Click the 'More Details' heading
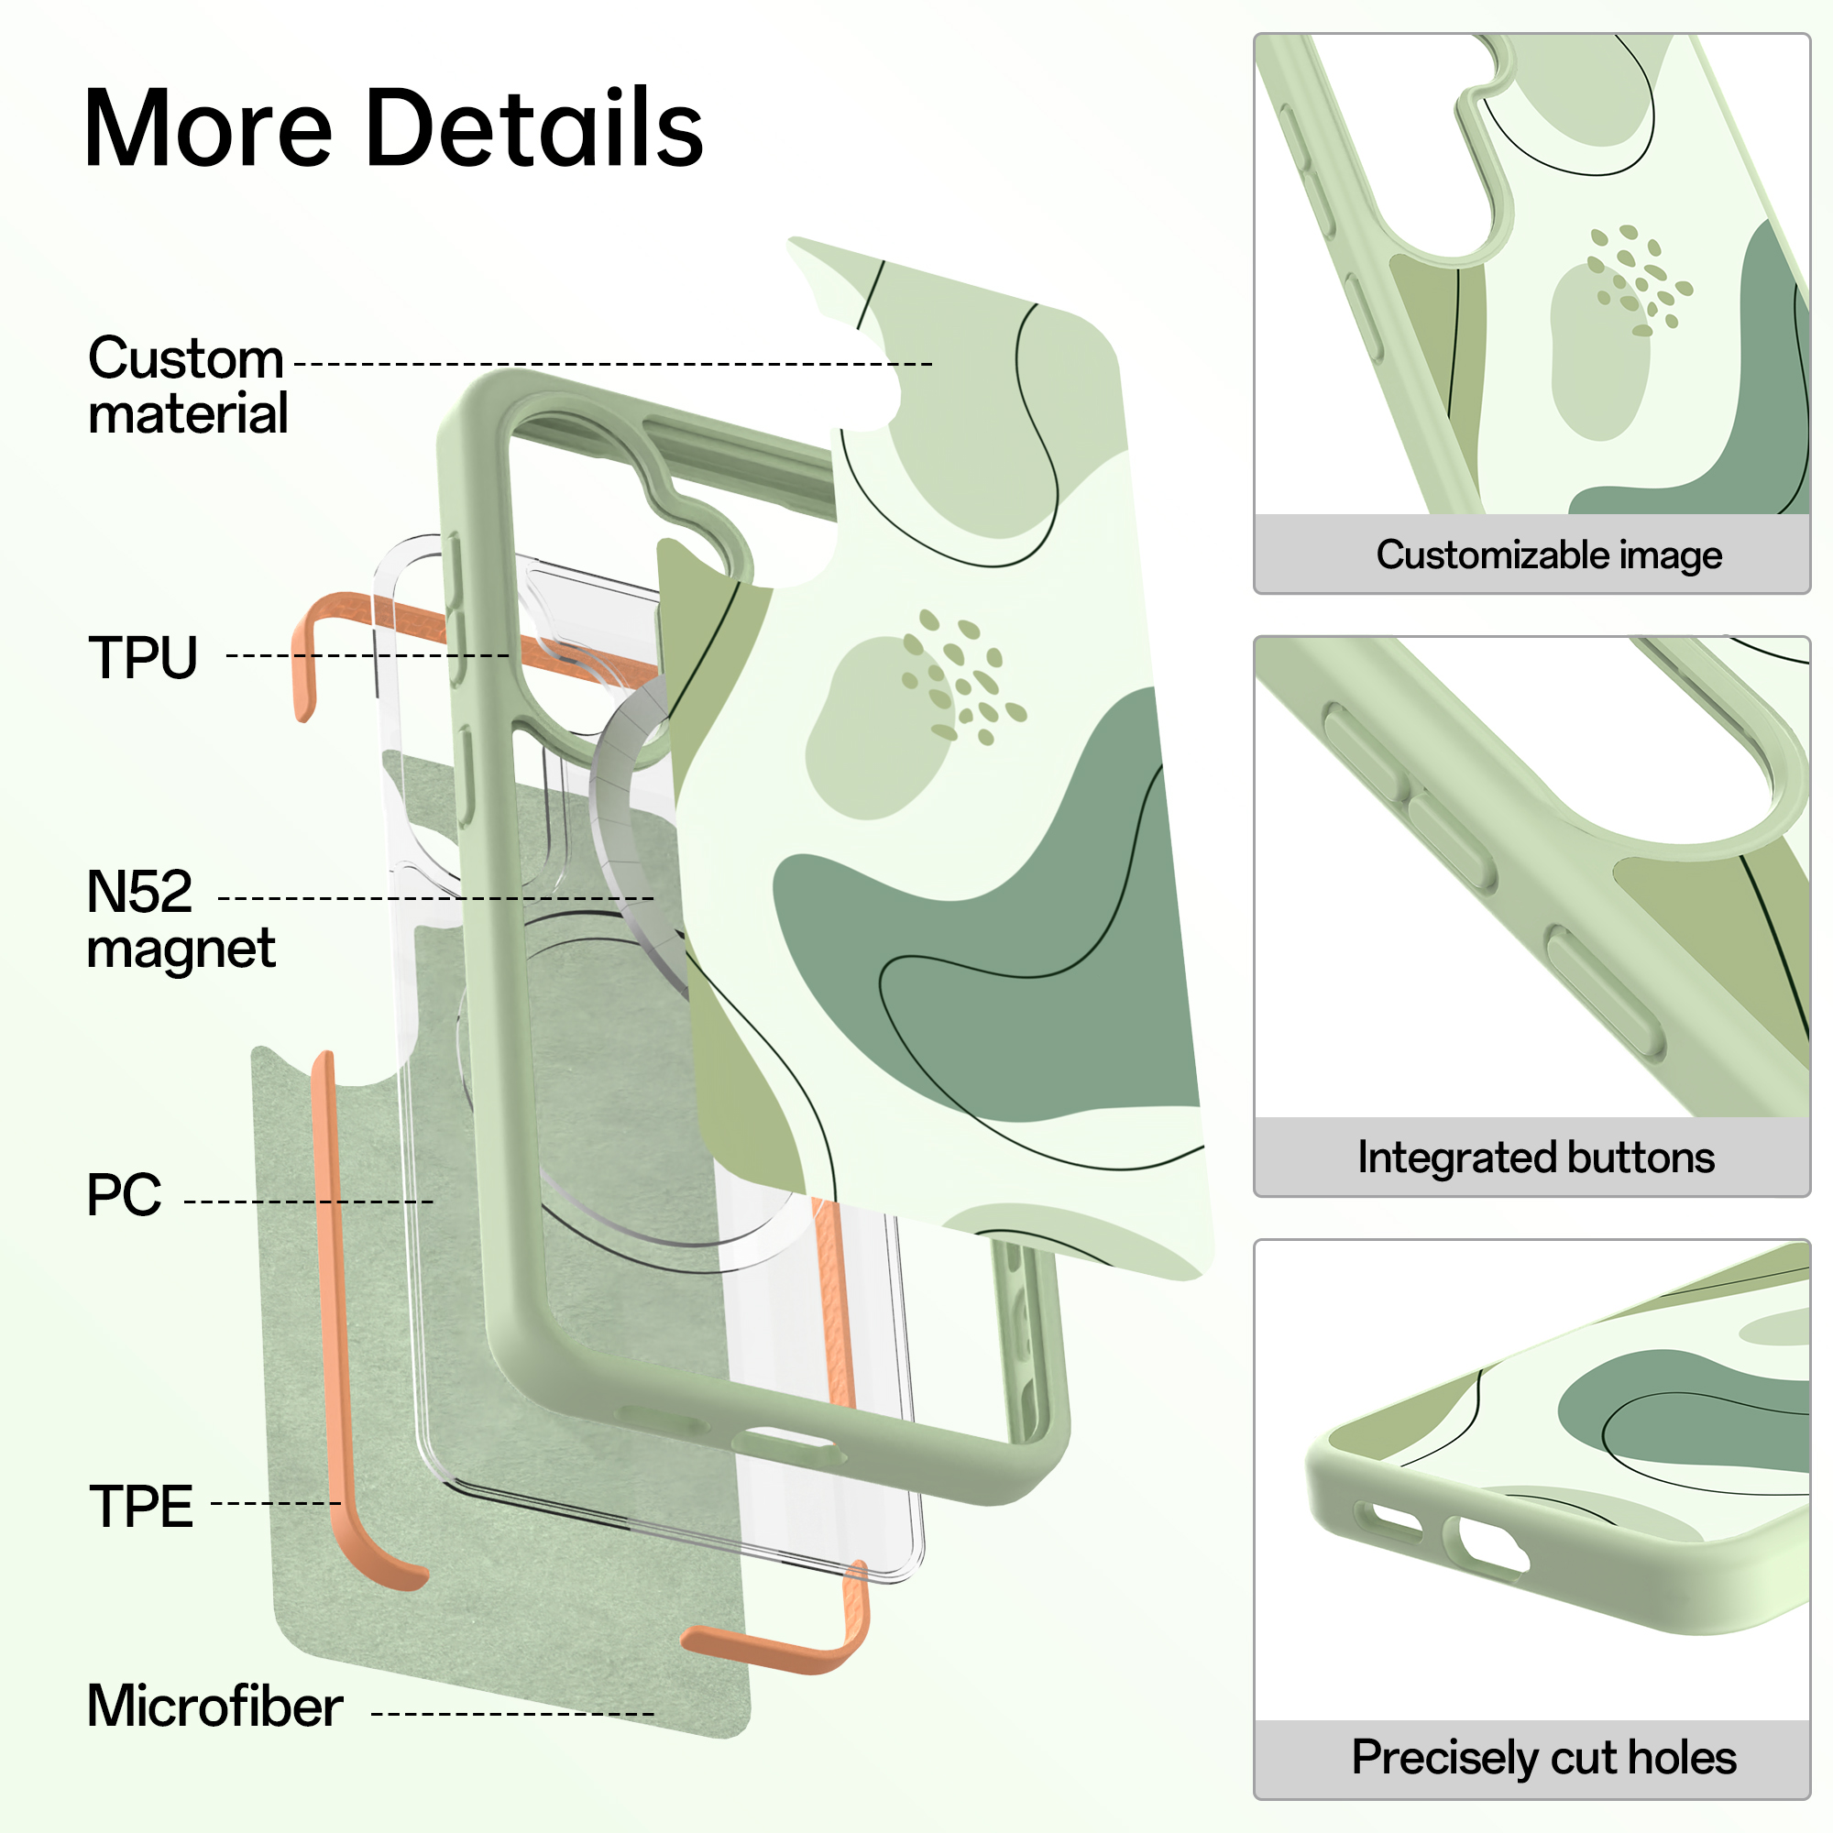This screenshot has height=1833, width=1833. (x=394, y=127)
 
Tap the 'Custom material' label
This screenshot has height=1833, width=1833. (x=188, y=386)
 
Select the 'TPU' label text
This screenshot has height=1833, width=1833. (x=142, y=657)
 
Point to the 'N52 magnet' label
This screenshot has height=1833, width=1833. (x=181, y=919)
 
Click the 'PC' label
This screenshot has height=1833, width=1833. (x=124, y=1194)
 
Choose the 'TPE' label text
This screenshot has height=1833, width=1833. (x=140, y=1506)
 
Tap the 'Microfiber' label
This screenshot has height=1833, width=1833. (x=214, y=1706)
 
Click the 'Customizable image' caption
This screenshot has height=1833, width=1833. (x=1548, y=555)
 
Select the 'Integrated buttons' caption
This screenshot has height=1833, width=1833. (x=1536, y=1158)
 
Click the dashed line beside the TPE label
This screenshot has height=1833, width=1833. (x=275, y=1504)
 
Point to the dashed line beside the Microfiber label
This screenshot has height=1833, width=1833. (x=512, y=1715)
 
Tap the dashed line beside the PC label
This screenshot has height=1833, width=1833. (x=309, y=1202)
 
